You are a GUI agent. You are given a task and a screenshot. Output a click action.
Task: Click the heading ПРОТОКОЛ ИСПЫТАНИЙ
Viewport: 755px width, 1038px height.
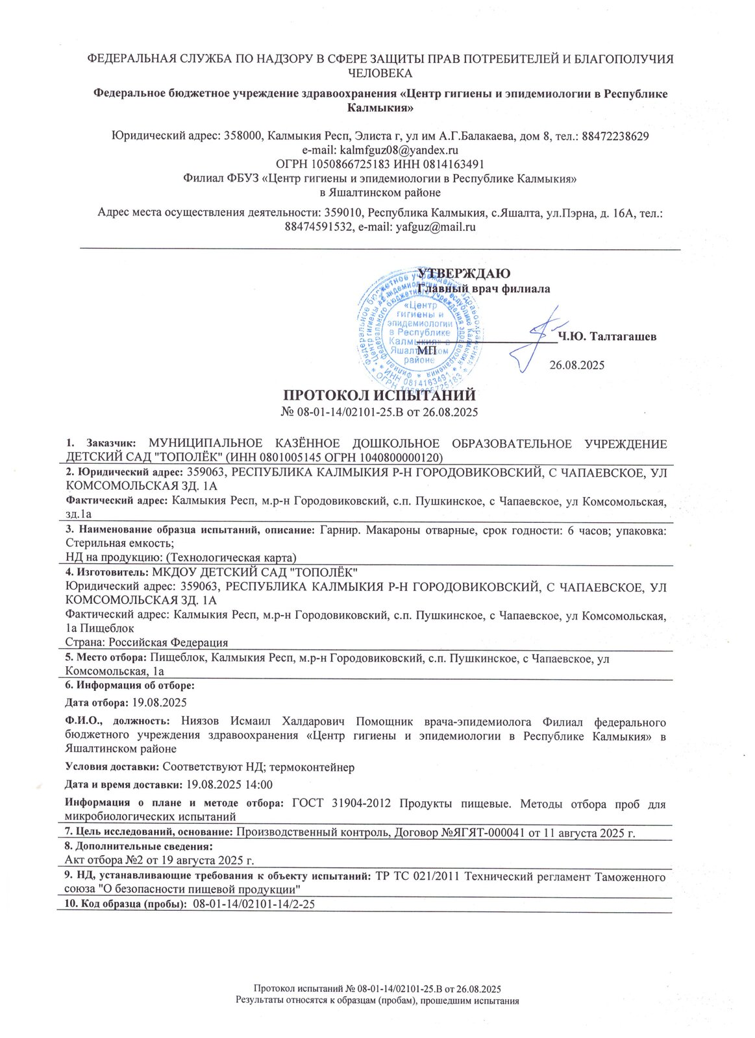[x=380, y=396]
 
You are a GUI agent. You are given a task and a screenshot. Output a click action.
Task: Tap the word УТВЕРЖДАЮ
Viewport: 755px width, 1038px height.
[x=463, y=273]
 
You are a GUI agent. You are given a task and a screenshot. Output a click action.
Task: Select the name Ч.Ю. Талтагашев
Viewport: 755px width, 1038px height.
[x=607, y=336]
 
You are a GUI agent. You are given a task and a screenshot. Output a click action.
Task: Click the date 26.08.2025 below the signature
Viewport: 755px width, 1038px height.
[x=577, y=365]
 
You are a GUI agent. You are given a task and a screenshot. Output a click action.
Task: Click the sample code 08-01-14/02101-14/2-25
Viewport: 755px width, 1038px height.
[x=254, y=904]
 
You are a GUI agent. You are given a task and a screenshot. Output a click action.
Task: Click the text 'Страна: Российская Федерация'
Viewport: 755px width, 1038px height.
[x=147, y=642]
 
